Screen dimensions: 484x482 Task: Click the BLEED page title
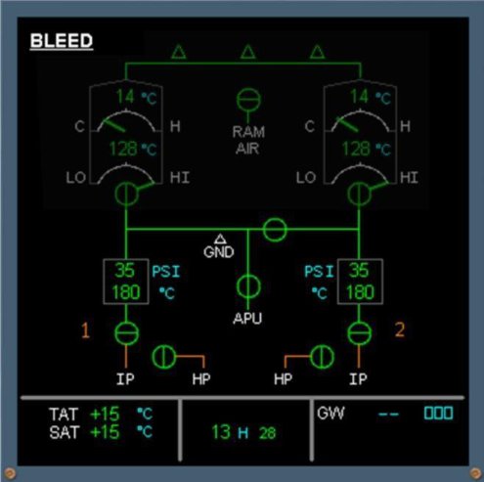pos(62,41)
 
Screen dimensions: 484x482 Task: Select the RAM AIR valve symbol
pos(248,100)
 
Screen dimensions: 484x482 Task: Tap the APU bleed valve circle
pos(248,286)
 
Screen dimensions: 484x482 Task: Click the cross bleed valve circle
pos(275,230)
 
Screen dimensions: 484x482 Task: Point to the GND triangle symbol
pos(220,239)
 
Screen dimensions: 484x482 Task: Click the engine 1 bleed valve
pos(126,333)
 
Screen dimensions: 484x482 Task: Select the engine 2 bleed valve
pos(359,333)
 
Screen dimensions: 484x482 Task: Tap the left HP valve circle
pos(164,357)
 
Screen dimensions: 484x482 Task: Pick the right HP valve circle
pos(322,357)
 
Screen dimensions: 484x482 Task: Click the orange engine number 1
pos(85,330)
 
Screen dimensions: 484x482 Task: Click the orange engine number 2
pos(400,329)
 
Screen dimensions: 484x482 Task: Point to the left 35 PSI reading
pos(124,270)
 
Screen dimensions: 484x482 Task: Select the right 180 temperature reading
pos(360,292)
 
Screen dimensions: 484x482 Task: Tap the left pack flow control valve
pos(126,194)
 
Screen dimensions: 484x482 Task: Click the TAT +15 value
pos(105,414)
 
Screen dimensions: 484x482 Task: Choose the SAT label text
pos(65,432)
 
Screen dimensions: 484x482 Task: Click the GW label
pos(330,413)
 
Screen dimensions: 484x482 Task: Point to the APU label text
pos(247,319)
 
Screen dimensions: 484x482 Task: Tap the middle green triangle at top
pos(248,52)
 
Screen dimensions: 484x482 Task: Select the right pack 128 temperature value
pos(356,149)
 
